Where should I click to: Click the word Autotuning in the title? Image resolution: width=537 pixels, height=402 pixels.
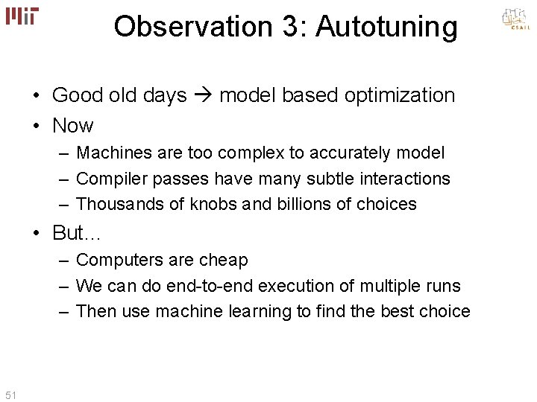386,27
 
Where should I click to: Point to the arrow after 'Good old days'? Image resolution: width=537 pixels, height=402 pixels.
204,95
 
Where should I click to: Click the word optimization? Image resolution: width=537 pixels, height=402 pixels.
400,95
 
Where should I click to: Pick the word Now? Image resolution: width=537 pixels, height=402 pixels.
73,126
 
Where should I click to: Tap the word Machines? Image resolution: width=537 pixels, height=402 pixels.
110,153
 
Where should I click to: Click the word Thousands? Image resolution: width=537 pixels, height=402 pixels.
115,204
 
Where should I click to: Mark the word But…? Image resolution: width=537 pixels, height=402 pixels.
78,234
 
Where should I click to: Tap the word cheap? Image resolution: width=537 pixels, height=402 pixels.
223,261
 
